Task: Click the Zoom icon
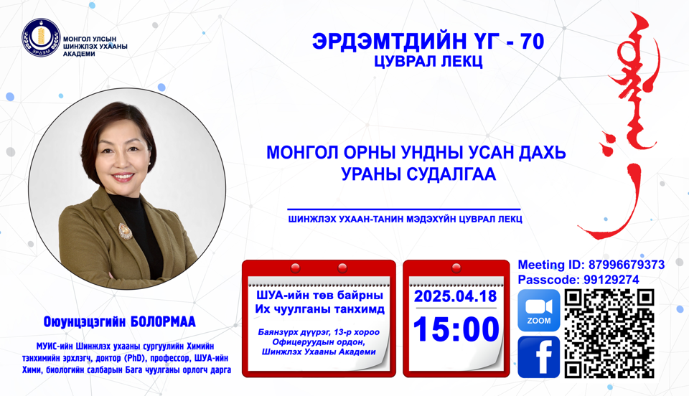(x=538, y=311)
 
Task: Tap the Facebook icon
(x=538, y=356)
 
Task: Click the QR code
(x=609, y=334)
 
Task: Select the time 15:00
(x=456, y=329)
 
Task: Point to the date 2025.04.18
(x=456, y=296)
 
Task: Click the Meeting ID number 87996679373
(x=626, y=265)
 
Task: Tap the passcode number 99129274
(x=609, y=280)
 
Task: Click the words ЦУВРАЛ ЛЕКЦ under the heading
(x=428, y=62)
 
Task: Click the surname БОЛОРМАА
(x=156, y=321)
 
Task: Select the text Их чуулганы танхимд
(x=319, y=309)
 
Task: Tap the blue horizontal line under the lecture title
(x=403, y=209)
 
